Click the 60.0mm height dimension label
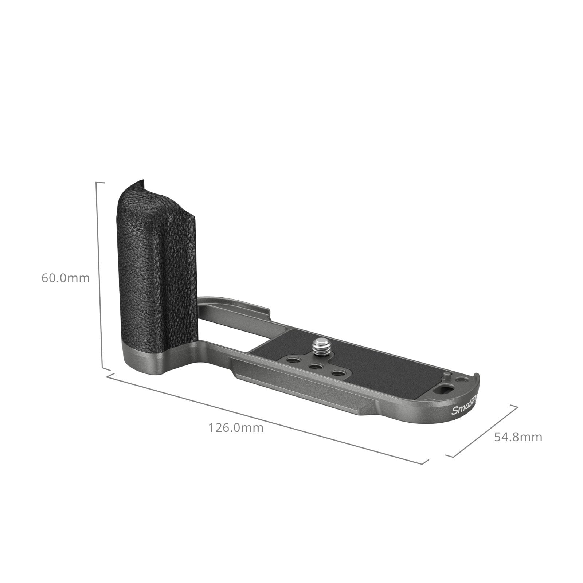pyautogui.click(x=65, y=278)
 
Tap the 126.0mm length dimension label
pyautogui.click(x=235, y=427)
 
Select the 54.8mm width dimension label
pyautogui.click(x=518, y=437)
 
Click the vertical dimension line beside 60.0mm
pyautogui.click(x=99, y=277)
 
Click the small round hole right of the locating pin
pyautogui.click(x=463, y=380)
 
